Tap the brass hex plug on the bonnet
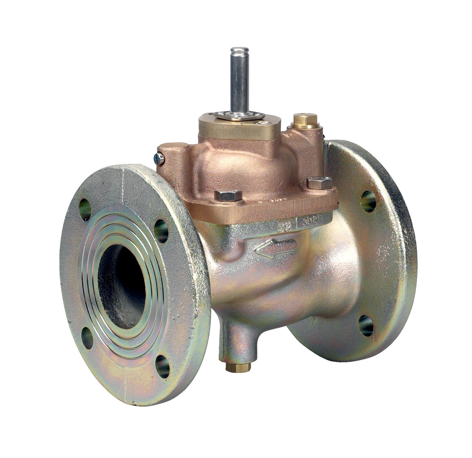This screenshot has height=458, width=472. (305, 119)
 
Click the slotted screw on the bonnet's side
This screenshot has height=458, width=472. (159, 159)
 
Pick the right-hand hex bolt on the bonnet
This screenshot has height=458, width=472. (319, 182)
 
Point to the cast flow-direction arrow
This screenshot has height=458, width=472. (275, 248)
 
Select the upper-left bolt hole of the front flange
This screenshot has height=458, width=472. (85, 210)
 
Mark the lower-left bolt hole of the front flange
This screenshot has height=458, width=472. (87, 337)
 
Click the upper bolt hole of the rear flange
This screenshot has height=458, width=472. (368, 202)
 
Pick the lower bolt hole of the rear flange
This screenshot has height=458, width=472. (366, 326)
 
